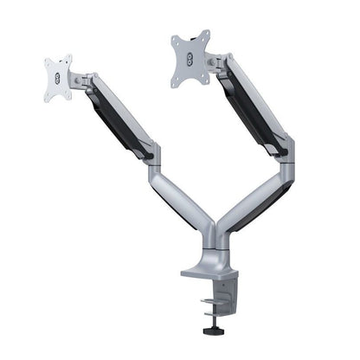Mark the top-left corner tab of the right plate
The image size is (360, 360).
point(175,36)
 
